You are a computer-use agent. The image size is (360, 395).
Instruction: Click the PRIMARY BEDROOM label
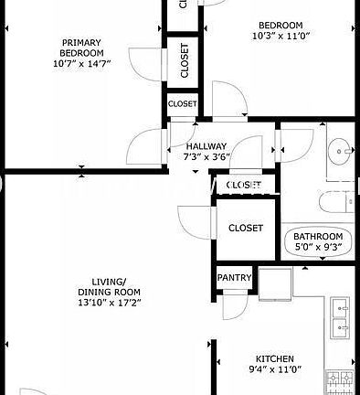pos(82,48)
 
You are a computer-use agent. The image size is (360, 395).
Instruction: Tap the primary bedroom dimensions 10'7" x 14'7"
pos(82,63)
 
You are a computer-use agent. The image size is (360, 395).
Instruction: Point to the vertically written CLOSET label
pos(185,60)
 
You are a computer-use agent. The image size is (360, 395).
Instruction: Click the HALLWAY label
pos(206,146)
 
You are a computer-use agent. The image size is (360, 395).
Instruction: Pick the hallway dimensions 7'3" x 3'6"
pos(206,156)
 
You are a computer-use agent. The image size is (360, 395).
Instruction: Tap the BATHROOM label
pos(318,235)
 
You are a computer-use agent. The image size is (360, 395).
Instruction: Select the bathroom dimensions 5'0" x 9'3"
pos(318,246)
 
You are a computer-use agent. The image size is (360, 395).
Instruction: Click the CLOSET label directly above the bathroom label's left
pos(245,228)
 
